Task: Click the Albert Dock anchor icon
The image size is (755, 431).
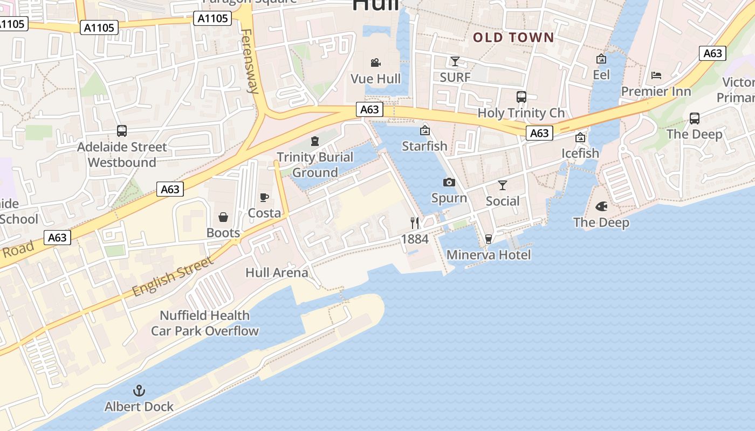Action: pyautogui.click(x=139, y=391)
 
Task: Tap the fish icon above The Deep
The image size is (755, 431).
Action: pyautogui.click(x=601, y=206)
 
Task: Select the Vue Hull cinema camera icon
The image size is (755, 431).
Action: pyautogui.click(x=376, y=63)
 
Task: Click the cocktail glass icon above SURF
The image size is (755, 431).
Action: pyautogui.click(x=455, y=61)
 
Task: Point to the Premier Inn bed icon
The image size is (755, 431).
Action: pyautogui.click(x=656, y=75)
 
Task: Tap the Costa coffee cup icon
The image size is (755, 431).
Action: pyautogui.click(x=264, y=198)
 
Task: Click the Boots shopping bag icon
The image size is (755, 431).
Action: pyautogui.click(x=223, y=217)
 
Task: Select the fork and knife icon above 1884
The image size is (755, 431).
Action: pyautogui.click(x=415, y=223)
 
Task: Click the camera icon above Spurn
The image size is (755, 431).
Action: pyautogui.click(x=449, y=183)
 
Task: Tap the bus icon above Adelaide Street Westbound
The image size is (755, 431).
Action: pyautogui.click(x=122, y=130)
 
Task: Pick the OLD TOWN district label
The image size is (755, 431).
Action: pyautogui.click(x=513, y=38)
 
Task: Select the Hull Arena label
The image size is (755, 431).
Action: pyautogui.click(x=277, y=273)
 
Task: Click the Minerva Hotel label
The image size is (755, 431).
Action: pyautogui.click(x=489, y=255)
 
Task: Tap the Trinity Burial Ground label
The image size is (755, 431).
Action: pyautogui.click(x=315, y=165)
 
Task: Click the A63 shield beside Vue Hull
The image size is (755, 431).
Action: pyautogui.click(x=369, y=109)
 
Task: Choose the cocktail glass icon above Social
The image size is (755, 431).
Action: pyautogui.click(x=503, y=185)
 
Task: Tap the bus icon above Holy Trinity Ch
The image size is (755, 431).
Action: pyautogui.click(x=521, y=97)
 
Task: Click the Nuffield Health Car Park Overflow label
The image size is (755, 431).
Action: pyautogui.click(x=205, y=323)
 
